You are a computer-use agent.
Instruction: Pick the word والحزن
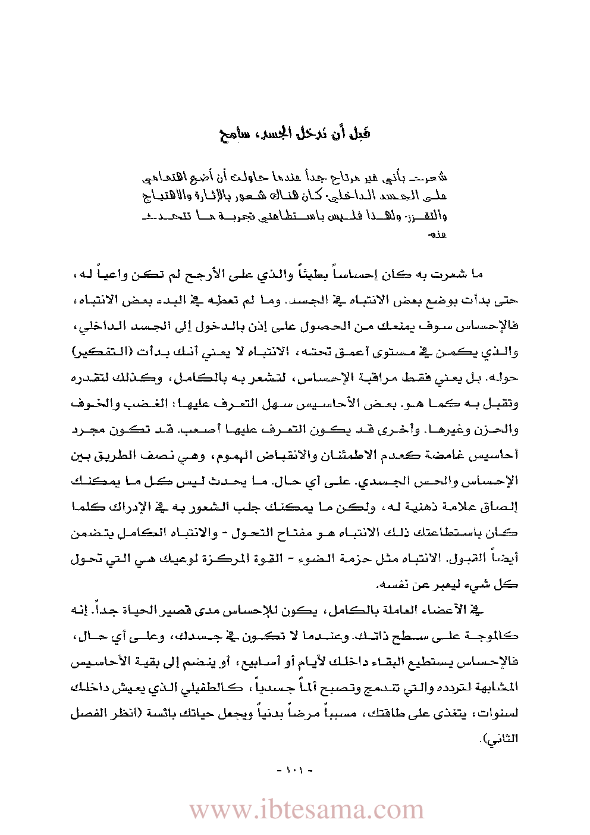click(503, 429)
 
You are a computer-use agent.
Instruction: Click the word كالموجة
click(494, 636)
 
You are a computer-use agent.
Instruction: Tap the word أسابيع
click(248, 662)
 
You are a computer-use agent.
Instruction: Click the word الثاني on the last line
click(504, 739)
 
